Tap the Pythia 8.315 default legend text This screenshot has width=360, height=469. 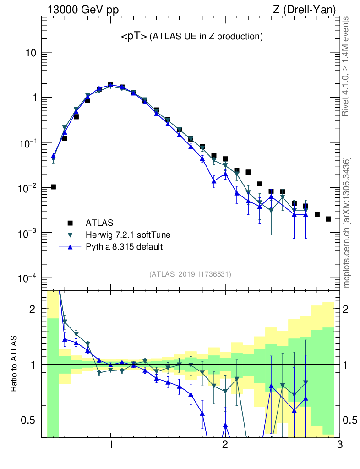pyautogui.click(x=124, y=247)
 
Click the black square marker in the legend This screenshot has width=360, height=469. pyautogui.click(x=70, y=223)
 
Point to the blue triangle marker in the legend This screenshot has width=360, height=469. pyautogui.click(x=70, y=247)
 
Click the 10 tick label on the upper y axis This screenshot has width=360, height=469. pyautogui.click(x=31, y=53)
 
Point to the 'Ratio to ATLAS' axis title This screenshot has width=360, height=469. pyautogui.click(x=15, y=365)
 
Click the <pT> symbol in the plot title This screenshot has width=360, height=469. pyautogui.click(x=134, y=38)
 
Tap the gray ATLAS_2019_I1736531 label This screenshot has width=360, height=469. pyautogui.click(x=190, y=274)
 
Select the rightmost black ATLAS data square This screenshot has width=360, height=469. pyautogui.click(x=328, y=219)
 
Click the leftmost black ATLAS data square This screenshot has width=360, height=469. pyautogui.click(x=54, y=187)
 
